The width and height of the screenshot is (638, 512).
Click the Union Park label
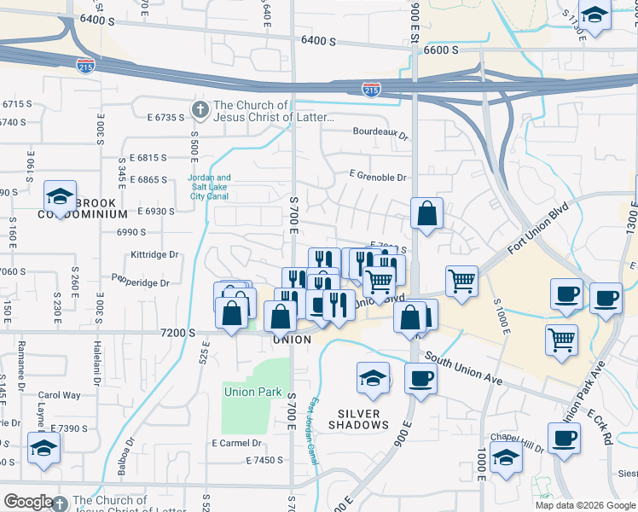pos(252,392)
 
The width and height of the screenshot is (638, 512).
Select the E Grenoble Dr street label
pos(378,177)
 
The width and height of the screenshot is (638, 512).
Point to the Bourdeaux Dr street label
pos(381,132)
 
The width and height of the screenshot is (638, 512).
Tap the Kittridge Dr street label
pos(154,254)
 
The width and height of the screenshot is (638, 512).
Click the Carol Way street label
pos(59,395)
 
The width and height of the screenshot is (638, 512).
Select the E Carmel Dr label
pos(236,443)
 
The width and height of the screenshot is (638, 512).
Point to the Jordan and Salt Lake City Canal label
pos(209,187)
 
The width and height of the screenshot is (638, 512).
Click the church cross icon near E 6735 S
pos(200,109)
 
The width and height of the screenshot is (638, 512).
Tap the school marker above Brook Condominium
pos(60,195)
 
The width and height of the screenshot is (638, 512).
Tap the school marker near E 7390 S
pos(43,448)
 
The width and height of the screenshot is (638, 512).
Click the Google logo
pos(28,502)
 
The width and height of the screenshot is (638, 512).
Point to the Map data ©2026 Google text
pos(585,505)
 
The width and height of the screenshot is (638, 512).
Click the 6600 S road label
pos(441,50)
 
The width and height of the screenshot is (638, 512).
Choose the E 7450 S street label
pos(264,461)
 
